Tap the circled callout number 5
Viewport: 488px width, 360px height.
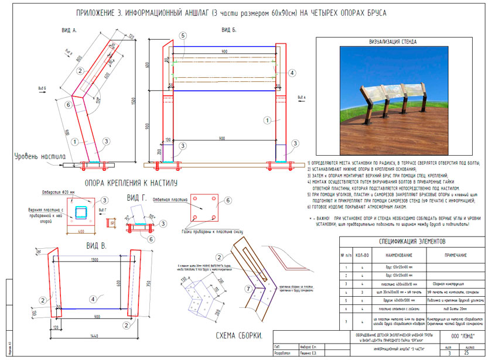(x=183, y=36)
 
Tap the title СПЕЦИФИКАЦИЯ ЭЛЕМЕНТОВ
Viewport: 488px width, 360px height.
(x=411, y=241)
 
